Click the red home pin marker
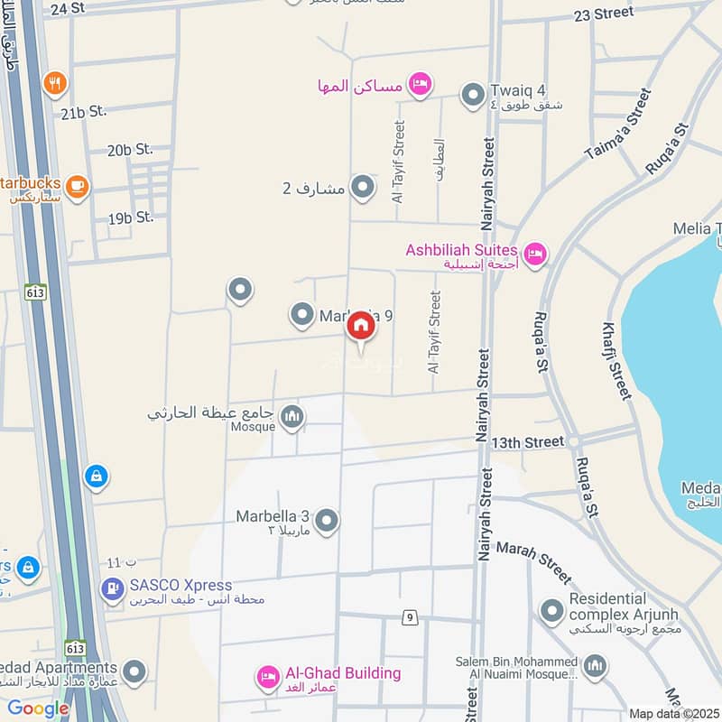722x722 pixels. [361, 326]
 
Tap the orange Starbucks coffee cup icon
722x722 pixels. [77, 185]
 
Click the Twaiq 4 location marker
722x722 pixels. [472, 94]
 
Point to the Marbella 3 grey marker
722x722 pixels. [327, 520]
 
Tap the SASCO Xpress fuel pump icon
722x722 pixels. [112, 589]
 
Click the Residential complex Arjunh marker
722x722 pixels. [551, 611]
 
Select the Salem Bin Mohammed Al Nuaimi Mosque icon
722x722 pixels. [594, 667]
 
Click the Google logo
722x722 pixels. [38, 708]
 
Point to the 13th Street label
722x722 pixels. [528, 442]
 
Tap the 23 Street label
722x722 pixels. [603, 14]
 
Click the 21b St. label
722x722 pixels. [84, 111]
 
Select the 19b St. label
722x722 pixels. [131, 218]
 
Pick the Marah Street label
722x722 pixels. [533, 561]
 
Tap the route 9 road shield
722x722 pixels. [411, 618]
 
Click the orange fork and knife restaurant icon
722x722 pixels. [55, 83]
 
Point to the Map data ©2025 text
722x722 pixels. [674, 713]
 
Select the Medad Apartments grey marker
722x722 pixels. [134, 671]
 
